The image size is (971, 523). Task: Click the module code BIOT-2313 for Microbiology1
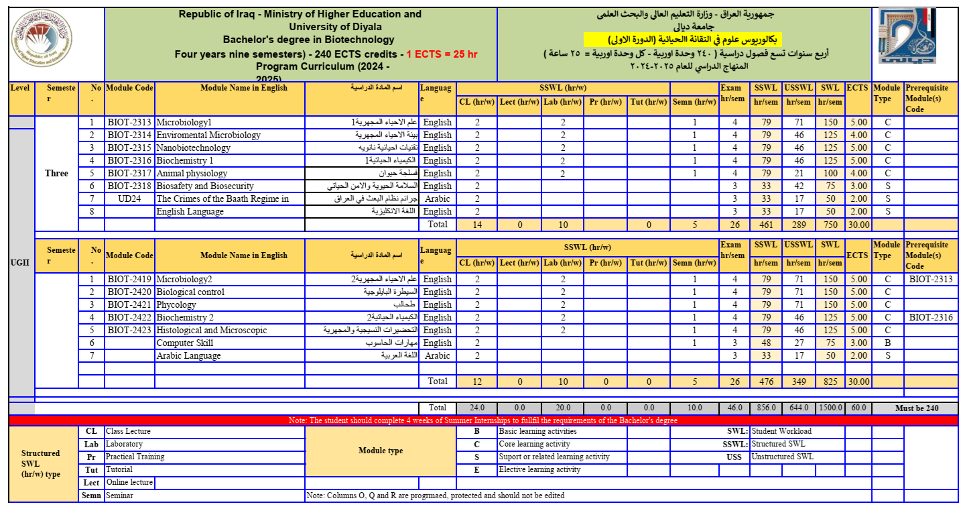(129, 123)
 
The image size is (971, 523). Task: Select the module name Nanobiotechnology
(193, 148)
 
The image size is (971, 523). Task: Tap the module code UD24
(129, 199)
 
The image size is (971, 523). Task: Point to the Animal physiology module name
(192, 174)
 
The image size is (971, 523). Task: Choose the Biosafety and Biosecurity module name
(205, 186)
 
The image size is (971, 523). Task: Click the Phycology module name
(176, 305)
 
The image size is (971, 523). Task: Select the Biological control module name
(190, 292)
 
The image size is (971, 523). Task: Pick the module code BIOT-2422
(129, 318)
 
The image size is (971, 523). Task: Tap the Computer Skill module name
(184, 343)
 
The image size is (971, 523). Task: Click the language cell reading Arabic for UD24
(437, 199)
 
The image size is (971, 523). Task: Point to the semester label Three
(56, 174)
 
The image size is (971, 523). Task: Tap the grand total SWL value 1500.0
(830, 408)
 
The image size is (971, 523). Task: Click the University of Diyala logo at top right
(905, 37)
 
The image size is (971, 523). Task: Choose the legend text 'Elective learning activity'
(539, 470)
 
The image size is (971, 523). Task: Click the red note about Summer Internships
(482, 420)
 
